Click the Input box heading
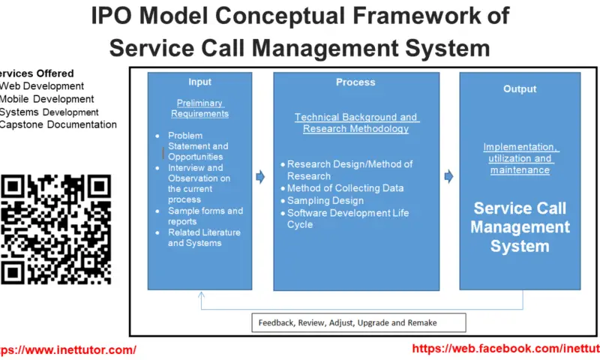point(199,82)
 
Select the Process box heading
point(355,82)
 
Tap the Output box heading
point(520,88)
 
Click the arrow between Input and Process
point(260,177)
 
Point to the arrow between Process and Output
point(448,177)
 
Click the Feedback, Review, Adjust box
point(358,322)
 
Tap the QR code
point(55,229)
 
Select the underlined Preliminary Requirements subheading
point(199,108)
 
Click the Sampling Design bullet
point(325,200)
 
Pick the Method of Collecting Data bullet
point(345,188)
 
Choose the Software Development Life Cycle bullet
point(348,218)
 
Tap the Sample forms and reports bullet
point(205,216)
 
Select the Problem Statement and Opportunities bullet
point(198,146)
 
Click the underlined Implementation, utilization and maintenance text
point(520,158)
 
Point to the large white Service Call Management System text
point(520,227)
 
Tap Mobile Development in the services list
point(47,99)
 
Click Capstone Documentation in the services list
point(58,124)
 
